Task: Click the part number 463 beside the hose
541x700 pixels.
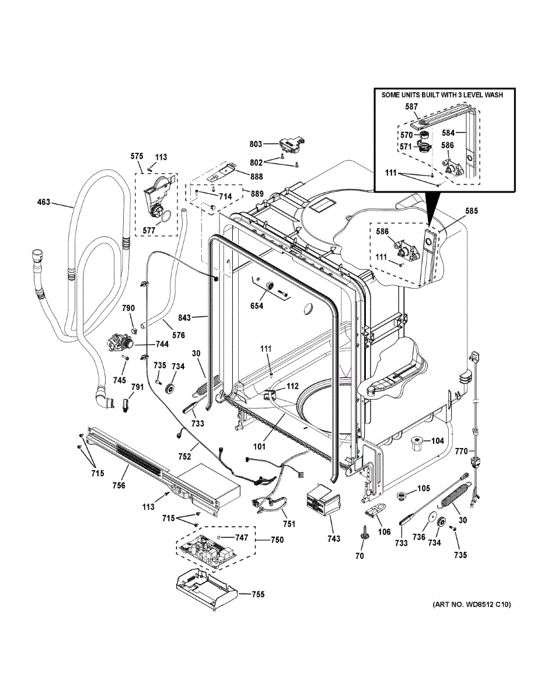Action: [x=44, y=202]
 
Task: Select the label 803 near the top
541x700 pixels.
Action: [x=256, y=144]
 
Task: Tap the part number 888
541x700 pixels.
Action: [x=256, y=177]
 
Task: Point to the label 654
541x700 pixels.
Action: [x=257, y=306]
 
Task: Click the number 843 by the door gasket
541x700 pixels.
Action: [x=184, y=318]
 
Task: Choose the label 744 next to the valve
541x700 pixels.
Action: [x=162, y=344]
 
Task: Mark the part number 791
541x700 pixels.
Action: [x=137, y=387]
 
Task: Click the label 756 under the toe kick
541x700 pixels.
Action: [x=119, y=485]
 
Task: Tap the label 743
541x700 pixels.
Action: [x=333, y=538]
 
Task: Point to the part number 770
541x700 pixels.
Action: [x=461, y=452]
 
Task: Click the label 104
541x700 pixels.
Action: [x=437, y=440]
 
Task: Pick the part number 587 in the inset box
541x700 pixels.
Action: [x=411, y=106]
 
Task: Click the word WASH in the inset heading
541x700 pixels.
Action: [x=493, y=94]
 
